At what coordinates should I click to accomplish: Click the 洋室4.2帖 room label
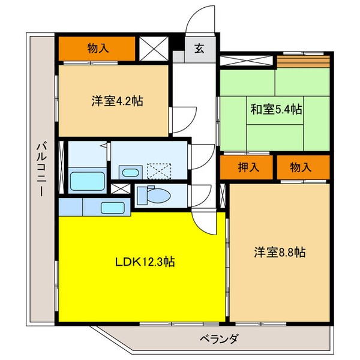[113, 100]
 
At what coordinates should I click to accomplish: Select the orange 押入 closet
[247, 167]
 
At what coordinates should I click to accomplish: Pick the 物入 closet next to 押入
[302, 167]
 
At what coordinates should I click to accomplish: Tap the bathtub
[86, 179]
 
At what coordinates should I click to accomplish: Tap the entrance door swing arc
[198, 24]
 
